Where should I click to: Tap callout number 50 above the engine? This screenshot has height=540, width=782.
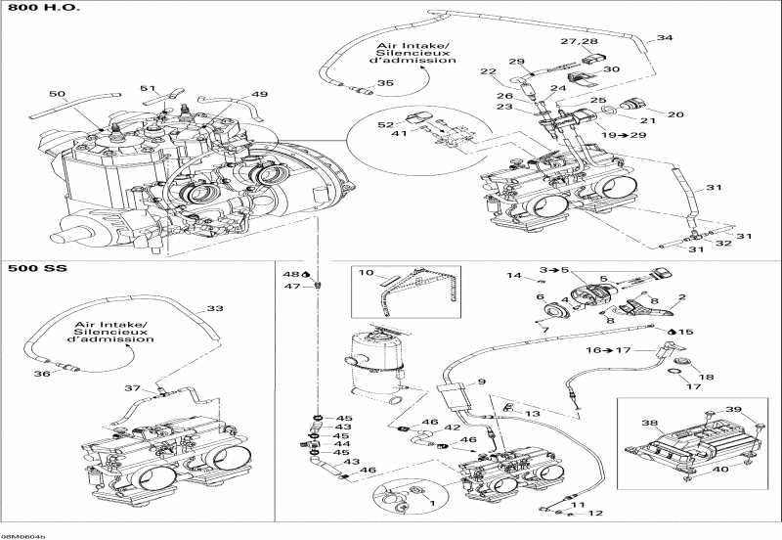tap(58, 94)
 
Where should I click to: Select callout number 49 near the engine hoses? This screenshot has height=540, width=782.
tap(259, 94)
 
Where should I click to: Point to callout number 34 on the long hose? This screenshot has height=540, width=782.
tap(665, 38)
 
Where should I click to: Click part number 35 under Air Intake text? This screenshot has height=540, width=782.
tap(385, 83)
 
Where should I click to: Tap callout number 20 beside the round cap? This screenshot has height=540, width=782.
tap(675, 112)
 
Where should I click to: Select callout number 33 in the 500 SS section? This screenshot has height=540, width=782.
tap(214, 308)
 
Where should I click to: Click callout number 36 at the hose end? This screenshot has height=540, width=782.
tap(41, 373)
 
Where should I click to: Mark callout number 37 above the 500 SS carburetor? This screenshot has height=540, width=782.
tap(131, 388)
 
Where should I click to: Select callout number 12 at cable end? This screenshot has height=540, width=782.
tap(595, 513)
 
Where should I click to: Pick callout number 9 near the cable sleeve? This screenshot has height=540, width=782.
tap(482, 382)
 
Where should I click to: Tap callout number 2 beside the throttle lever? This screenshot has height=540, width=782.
tap(681, 296)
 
